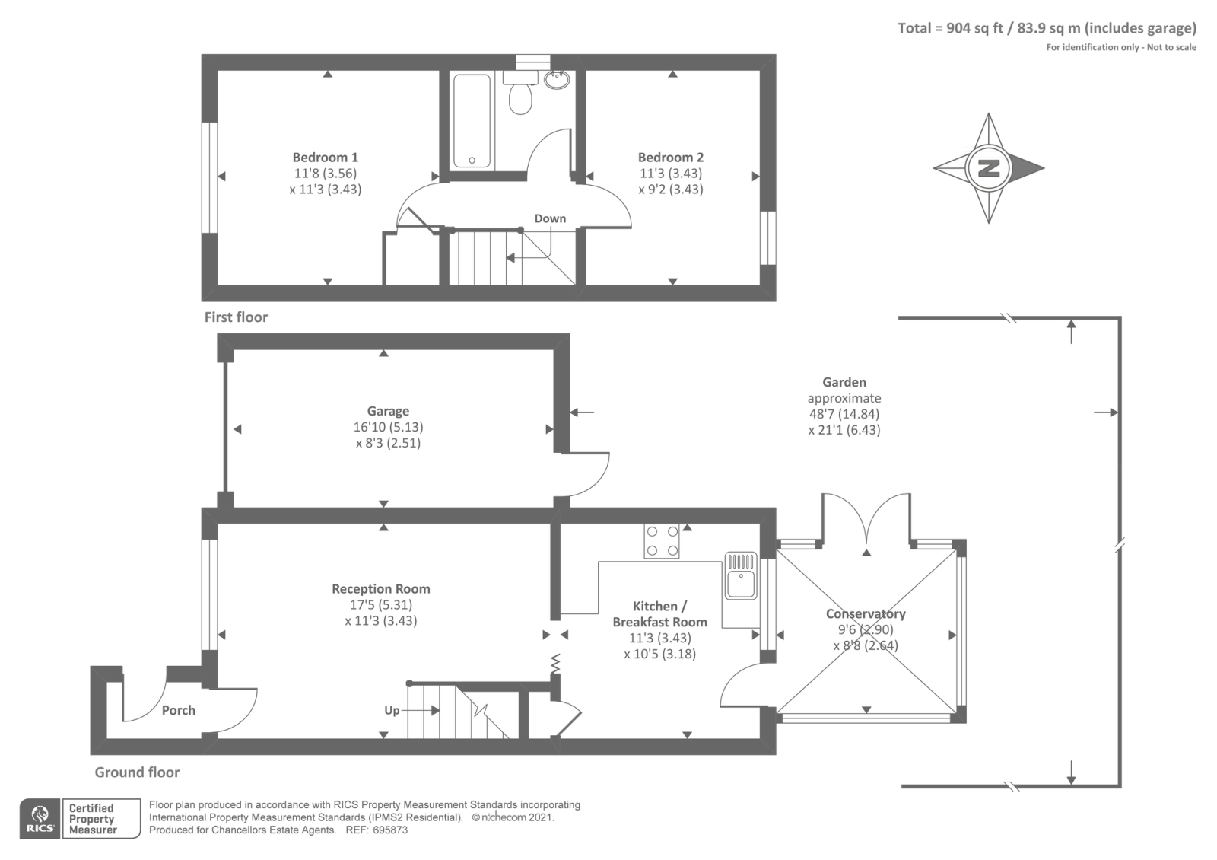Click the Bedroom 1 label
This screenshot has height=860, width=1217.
[x=325, y=158]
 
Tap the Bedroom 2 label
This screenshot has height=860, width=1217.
[x=670, y=158]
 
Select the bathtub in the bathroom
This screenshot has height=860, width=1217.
[x=472, y=121]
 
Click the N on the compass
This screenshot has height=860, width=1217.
[x=988, y=168]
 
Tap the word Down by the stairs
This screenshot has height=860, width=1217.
[x=550, y=218]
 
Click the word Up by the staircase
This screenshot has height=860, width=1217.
[x=392, y=711]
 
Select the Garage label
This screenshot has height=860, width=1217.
[x=388, y=412]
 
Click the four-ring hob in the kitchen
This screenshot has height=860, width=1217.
[x=662, y=541]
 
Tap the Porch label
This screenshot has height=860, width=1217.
[x=178, y=711]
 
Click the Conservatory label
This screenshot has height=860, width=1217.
[x=866, y=613]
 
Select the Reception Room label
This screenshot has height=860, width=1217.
[x=381, y=589]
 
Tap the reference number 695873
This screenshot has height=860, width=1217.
[x=390, y=830]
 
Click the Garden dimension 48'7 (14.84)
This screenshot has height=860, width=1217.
[x=844, y=414]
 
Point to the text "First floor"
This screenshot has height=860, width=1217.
[x=236, y=317]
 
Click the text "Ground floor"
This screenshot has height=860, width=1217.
[x=137, y=772]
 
